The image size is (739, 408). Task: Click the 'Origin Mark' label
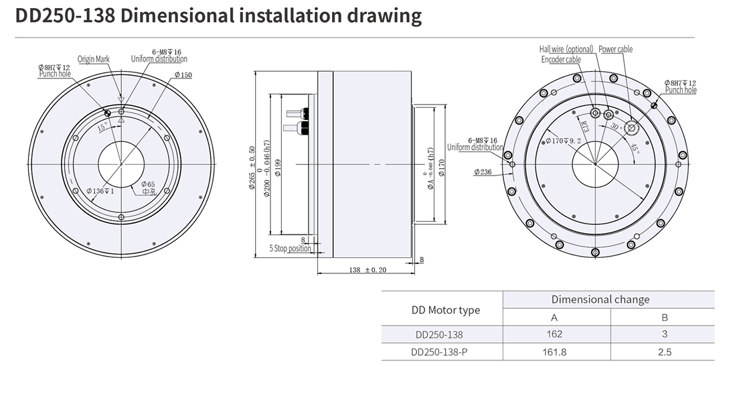tap(93, 59)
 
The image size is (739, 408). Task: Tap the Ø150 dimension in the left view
tap(183, 75)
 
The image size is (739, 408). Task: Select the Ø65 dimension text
tap(148, 184)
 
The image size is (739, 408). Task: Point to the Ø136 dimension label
tap(100, 191)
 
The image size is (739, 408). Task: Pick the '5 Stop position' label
tap(291, 248)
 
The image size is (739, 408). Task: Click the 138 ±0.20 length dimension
tap(367, 270)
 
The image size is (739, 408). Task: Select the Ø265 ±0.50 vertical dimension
tap(252, 167)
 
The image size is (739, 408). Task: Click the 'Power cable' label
tap(615, 49)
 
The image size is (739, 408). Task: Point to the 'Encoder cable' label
tap(561, 59)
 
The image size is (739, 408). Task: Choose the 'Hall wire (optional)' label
tap(566, 49)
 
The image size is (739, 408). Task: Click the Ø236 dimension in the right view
tap(483, 172)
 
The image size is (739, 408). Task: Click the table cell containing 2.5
tap(664, 351)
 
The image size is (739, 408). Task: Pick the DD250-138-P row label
tap(442, 351)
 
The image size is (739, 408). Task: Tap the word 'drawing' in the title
tap(384, 16)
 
